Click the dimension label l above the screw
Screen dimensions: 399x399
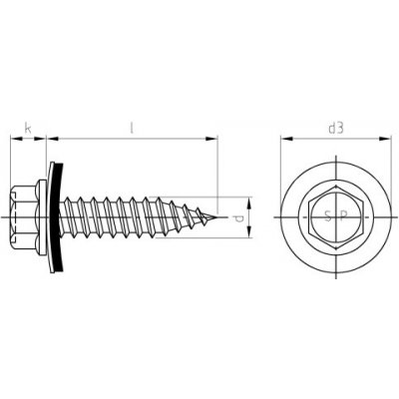[x=133, y=127]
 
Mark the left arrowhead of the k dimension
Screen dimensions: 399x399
[x=13, y=138]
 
